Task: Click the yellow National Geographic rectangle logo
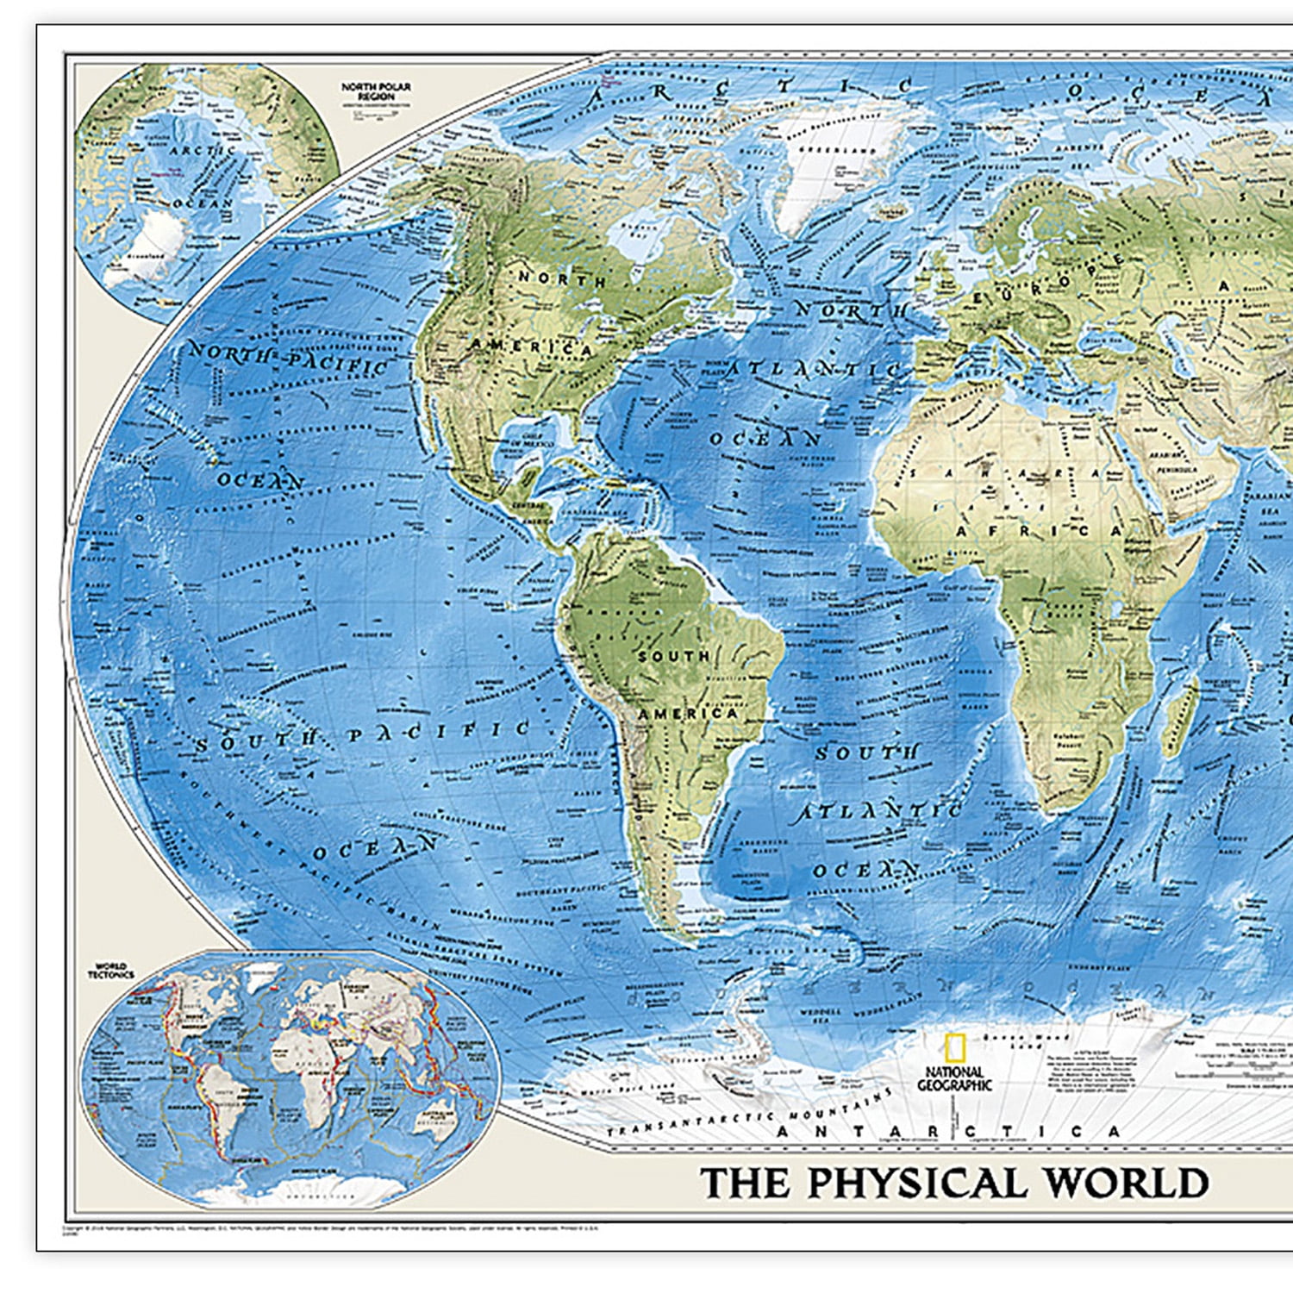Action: point(953,1048)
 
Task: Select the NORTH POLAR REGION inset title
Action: point(376,91)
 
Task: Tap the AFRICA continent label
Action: point(1040,531)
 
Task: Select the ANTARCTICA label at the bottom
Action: point(948,1131)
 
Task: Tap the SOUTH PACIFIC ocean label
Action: point(362,736)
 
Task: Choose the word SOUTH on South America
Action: point(674,657)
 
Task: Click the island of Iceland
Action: point(896,209)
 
